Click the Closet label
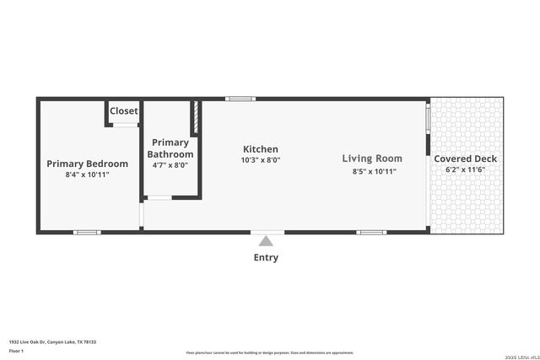tap(124, 110)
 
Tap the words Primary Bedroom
tap(88, 164)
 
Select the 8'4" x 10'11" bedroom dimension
tap(88, 175)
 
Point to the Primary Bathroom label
tap(170, 148)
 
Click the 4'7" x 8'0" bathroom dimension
tap(170, 165)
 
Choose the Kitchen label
tap(261, 149)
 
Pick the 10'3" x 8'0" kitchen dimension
tap(261, 159)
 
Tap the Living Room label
tap(372, 159)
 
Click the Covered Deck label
tap(466, 159)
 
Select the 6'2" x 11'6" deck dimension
tap(466, 169)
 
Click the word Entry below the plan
tap(266, 257)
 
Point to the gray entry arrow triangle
tap(266, 241)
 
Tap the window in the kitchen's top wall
tap(240, 99)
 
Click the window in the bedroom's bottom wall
tap(87, 232)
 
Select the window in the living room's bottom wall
tap(372, 232)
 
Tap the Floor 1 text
tap(16, 350)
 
